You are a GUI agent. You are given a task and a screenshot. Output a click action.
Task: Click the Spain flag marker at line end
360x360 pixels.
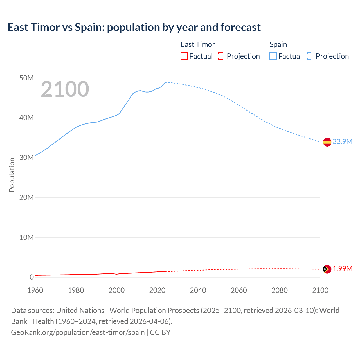327,142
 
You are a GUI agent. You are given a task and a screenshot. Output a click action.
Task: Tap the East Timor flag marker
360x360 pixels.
327,269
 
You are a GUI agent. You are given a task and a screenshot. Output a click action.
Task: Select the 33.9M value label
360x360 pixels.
342,141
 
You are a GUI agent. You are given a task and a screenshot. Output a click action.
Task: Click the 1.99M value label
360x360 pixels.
343,269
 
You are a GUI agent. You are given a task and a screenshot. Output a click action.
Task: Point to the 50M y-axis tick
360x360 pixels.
26,78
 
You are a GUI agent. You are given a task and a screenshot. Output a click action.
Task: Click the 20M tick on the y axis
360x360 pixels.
26,197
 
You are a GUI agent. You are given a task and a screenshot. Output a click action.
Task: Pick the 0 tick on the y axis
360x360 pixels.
31,277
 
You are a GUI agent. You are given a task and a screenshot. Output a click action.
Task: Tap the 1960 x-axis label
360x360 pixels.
35,290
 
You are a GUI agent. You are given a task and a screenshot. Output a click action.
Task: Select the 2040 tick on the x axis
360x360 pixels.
198,290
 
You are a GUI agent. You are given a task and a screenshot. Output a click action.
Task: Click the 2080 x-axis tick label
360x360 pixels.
280,290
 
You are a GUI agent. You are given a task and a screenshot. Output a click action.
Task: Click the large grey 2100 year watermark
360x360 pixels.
65,89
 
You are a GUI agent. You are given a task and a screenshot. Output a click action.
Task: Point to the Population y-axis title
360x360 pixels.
12,175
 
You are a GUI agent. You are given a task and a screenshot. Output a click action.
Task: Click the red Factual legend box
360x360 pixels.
184,56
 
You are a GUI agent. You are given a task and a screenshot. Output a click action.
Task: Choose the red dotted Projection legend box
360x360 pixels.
222,56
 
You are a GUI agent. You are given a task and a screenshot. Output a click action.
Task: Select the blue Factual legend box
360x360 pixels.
273,56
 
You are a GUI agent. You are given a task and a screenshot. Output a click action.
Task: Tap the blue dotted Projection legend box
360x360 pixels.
311,56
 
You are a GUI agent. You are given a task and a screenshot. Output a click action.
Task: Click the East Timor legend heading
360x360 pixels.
197,44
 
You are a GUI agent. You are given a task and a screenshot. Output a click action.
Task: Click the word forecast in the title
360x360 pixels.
240,27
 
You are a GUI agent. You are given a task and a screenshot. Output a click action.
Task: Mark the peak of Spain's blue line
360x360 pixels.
166,82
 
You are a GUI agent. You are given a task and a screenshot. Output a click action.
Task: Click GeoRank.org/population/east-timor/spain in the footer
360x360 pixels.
78,332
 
